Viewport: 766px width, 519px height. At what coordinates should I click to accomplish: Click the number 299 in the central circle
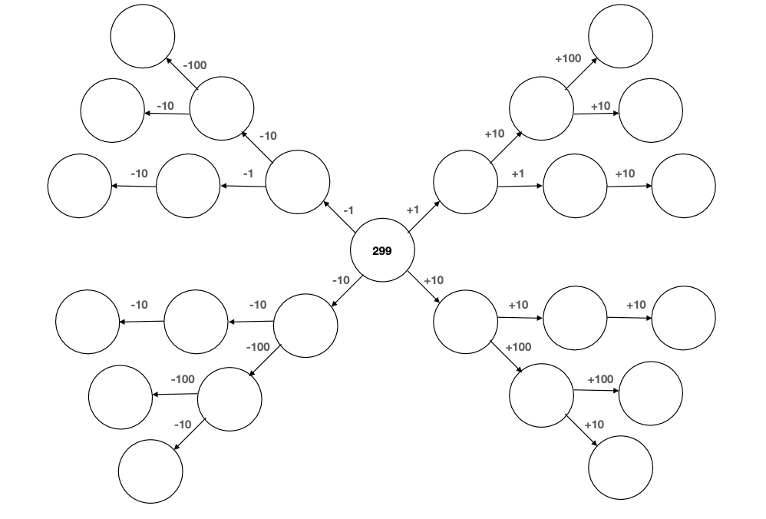tap(381, 251)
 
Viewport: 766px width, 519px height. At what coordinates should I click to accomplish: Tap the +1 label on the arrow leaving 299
tap(412, 209)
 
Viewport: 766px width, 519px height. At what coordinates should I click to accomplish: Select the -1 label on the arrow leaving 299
tap(348, 210)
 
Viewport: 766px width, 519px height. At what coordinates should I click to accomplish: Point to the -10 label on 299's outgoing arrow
tap(341, 280)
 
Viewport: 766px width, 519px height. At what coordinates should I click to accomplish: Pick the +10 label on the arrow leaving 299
tap(434, 280)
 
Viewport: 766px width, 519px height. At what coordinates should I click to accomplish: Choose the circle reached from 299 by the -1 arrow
tap(298, 183)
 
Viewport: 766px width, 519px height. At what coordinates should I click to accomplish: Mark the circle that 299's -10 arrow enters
tap(305, 326)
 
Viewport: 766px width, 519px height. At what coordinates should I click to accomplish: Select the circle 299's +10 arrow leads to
tap(465, 322)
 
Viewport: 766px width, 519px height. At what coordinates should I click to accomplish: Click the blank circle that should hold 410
tap(620, 35)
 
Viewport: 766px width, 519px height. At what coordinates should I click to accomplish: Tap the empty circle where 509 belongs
tap(650, 394)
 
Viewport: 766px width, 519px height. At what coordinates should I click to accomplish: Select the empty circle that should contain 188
tap(143, 35)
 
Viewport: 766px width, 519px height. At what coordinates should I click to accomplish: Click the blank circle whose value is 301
tap(575, 185)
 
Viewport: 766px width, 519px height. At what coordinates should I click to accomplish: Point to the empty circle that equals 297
tap(188, 185)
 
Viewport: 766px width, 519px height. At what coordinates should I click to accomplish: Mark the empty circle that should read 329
tap(683, 317)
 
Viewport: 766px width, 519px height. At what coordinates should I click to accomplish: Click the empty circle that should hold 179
tap(150, 471)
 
